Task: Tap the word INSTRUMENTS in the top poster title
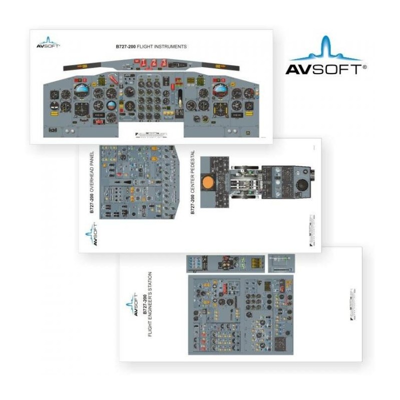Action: tap(170, 46)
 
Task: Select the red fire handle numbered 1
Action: tap(143, 62)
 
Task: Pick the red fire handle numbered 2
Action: tap(154, 62)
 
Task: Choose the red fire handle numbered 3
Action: tap(164, 62)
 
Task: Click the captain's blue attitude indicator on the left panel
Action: tap(81, 90)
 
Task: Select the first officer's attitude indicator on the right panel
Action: tap(220, 90)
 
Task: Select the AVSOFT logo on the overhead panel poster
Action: tap(91, 234)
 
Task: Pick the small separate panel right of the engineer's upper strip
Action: tap(281, 263)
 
